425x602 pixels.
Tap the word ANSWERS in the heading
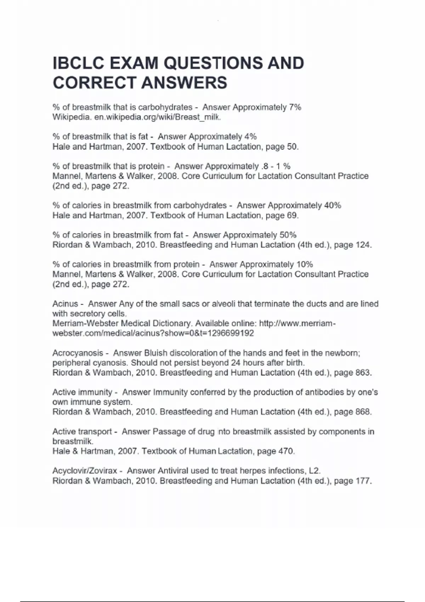(x=184, y=83)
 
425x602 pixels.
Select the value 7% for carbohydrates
(x=295, y=107)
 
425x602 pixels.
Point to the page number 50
(x=292, y=147)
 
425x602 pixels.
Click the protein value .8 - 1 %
(x=275, y=166)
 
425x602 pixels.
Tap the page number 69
(x=292, y=215)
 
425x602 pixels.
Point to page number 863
(x=363, y=373)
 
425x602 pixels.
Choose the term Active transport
(x=82, y=432)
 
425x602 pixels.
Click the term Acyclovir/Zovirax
(x=85, y=471)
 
